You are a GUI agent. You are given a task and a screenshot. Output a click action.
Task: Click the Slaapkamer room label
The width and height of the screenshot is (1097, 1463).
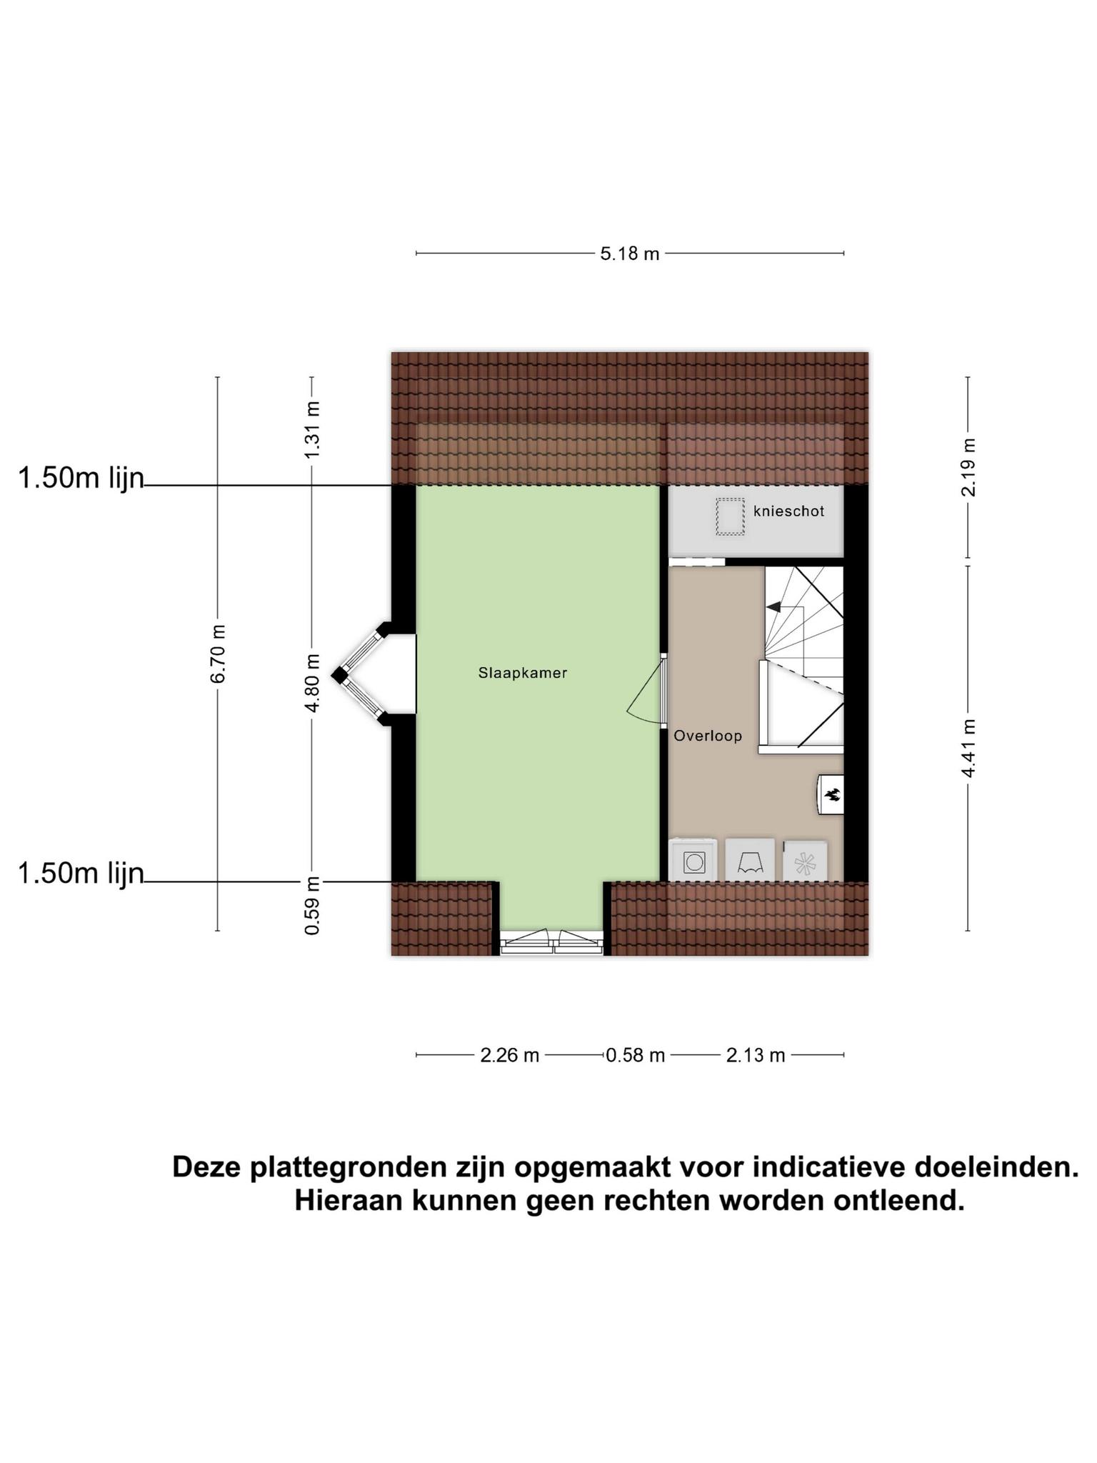[523, 673]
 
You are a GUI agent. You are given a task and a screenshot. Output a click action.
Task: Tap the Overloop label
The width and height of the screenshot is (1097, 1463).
[708, 736]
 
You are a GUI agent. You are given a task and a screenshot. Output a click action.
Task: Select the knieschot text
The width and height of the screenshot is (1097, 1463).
[788, 511]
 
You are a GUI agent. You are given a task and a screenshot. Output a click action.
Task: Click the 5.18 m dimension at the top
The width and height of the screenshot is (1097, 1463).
[629, 254]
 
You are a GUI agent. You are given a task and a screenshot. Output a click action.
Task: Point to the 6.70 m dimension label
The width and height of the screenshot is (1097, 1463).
[218, 654]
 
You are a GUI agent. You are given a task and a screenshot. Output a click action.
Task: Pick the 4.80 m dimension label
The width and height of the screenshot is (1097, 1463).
[312, 683]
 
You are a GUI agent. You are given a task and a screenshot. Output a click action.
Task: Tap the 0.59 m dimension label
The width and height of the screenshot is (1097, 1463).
[312, 905]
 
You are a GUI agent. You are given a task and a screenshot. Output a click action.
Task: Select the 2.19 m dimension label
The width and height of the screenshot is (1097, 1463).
[968, 467]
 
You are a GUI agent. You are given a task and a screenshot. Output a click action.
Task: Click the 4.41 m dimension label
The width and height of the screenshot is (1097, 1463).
[968, 748]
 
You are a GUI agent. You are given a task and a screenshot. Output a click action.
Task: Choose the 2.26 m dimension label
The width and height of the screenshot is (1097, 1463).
[509, 1055]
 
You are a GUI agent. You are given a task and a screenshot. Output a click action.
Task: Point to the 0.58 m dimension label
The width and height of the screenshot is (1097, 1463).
[636, 1055]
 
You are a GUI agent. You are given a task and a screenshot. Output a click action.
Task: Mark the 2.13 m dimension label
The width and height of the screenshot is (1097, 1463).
[756, 1055]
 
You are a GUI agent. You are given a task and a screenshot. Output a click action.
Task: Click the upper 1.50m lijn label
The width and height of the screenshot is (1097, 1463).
[81, 479]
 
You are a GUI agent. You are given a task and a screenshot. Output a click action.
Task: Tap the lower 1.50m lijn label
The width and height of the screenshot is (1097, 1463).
[81, 874]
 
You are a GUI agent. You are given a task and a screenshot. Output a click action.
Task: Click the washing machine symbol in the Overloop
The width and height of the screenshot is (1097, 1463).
[693, 860]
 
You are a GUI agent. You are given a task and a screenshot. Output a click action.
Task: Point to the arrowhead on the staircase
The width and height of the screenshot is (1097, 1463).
[773, 607]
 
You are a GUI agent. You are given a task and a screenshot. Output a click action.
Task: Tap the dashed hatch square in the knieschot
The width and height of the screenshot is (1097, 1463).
[730, 516]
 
